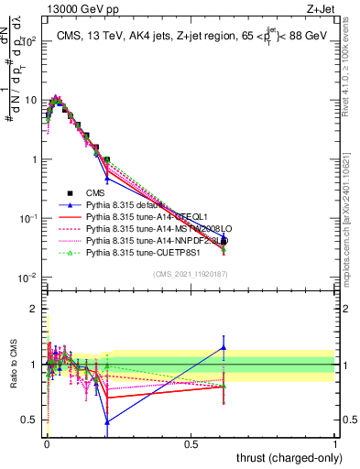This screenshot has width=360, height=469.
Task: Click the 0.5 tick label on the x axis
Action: (x=191, y=444)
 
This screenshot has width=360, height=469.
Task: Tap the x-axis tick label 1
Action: (x=336, y=444)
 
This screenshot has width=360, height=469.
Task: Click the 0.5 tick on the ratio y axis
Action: (x=30, y=420)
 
